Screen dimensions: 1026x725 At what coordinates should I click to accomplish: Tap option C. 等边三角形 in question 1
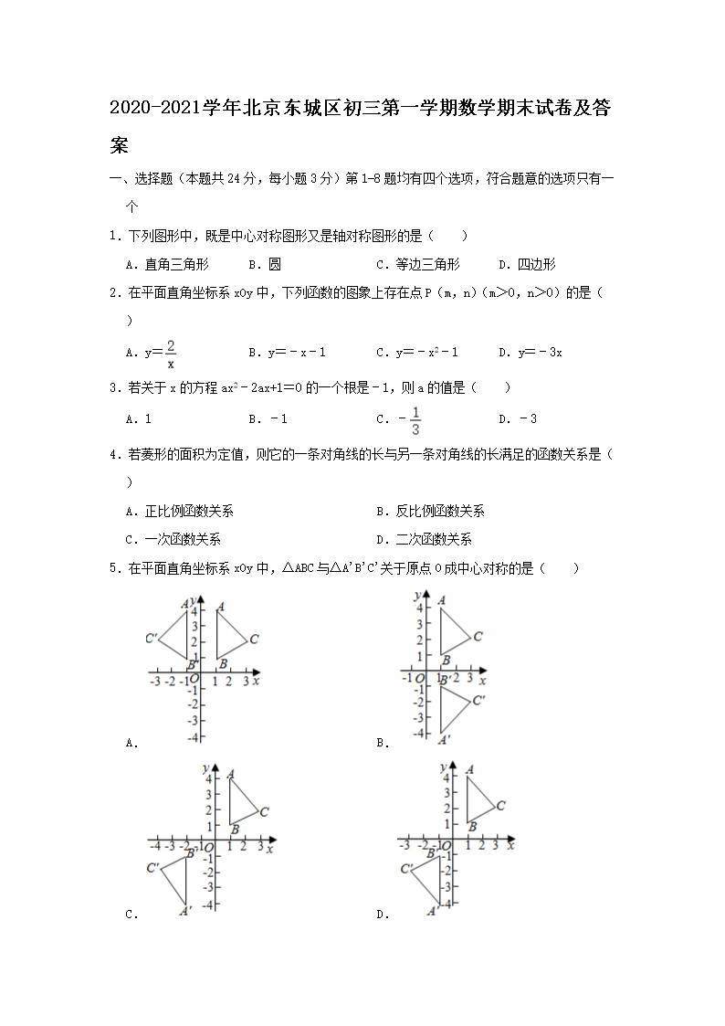(x=418, y=265)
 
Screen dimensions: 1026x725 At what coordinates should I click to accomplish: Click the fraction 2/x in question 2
(x=171, y=353)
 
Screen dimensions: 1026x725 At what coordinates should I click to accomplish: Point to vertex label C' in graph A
(x=152, y=638)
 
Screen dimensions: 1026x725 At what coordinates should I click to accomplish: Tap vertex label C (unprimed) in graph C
(x=264, y=811)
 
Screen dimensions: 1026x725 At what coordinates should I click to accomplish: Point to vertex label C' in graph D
(x=406, y=869)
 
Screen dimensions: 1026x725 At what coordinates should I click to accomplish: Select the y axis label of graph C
(x=207, y=766)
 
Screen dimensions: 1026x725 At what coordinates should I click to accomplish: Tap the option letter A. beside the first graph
(x=131, y=744)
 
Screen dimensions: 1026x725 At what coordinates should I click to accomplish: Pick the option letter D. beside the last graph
(x=383, y=914)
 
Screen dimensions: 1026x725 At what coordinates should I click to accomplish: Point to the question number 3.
(x=113, y=387)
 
